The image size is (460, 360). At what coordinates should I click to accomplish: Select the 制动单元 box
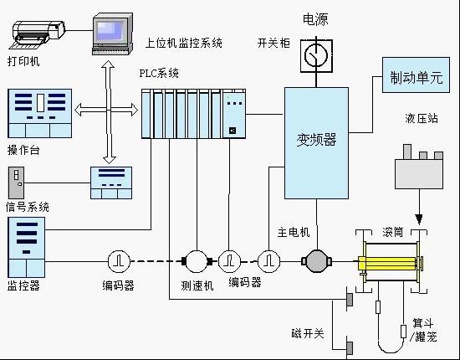[416, 75]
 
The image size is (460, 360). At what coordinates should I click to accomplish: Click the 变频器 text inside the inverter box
[316, 140]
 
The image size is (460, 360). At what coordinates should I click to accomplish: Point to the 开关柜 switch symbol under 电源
[316, 56]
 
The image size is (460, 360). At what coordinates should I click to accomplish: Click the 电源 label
[315, 19]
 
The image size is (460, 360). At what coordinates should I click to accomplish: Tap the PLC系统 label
[159, 73]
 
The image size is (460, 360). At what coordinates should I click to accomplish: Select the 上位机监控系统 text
[184, 44]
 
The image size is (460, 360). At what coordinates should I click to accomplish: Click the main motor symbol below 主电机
[316, 261]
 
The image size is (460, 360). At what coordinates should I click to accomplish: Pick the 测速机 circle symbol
[197, 261]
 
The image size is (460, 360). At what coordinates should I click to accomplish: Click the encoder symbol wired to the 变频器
[268, 261]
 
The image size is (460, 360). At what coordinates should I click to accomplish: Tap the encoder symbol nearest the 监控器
[119, 261]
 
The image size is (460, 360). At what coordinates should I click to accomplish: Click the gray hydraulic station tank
[419, 174]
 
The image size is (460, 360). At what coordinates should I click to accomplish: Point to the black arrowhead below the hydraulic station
[419, 219]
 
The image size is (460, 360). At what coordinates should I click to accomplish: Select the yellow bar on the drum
[387, 264]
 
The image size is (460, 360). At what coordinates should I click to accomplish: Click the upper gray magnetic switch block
[350, 300]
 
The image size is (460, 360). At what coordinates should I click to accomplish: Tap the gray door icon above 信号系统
[16, 183]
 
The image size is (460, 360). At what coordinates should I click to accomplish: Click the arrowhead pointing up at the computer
[108, 65]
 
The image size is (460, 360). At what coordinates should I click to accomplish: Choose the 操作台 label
[23, 151]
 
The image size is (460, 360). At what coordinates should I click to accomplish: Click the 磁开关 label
[308, 334]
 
